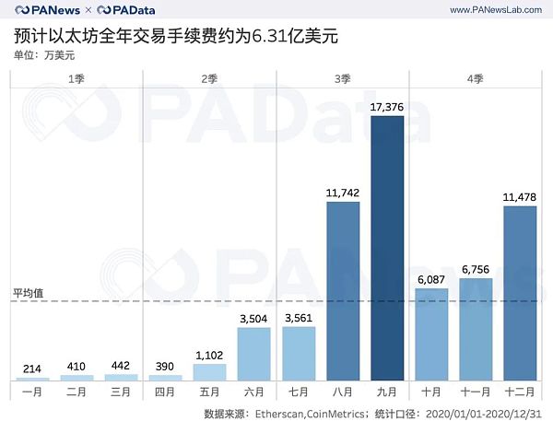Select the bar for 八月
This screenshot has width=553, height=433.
[x=344, y=291]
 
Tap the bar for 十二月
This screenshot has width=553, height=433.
[x=521, y=293]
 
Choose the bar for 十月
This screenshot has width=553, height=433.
[x=432, y=334]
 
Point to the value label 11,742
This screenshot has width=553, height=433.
[x=344, y=193]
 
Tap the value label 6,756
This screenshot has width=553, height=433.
[x=477, y=269]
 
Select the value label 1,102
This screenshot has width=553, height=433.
[x=211, y=354]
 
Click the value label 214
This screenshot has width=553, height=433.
[x=32, y=369]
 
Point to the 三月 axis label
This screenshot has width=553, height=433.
[x=122, y=392]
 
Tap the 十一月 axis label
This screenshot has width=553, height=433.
[x=477, y=392]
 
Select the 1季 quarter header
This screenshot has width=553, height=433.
[x=76, y=80]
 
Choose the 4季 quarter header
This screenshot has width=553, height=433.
[x=476, y=80]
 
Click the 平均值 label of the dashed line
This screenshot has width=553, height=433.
[x=28, y=292]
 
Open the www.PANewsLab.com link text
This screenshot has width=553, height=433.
[x=494, y=9]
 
